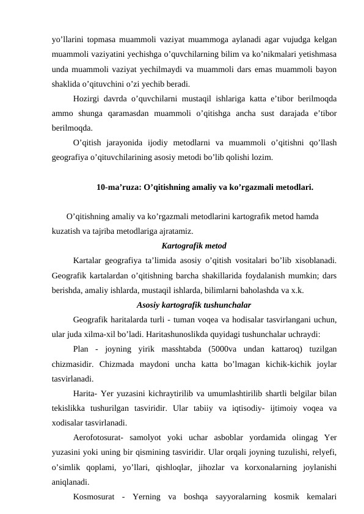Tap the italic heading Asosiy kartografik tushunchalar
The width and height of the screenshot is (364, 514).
pos(194,305)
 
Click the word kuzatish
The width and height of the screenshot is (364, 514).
pos(67,231)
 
